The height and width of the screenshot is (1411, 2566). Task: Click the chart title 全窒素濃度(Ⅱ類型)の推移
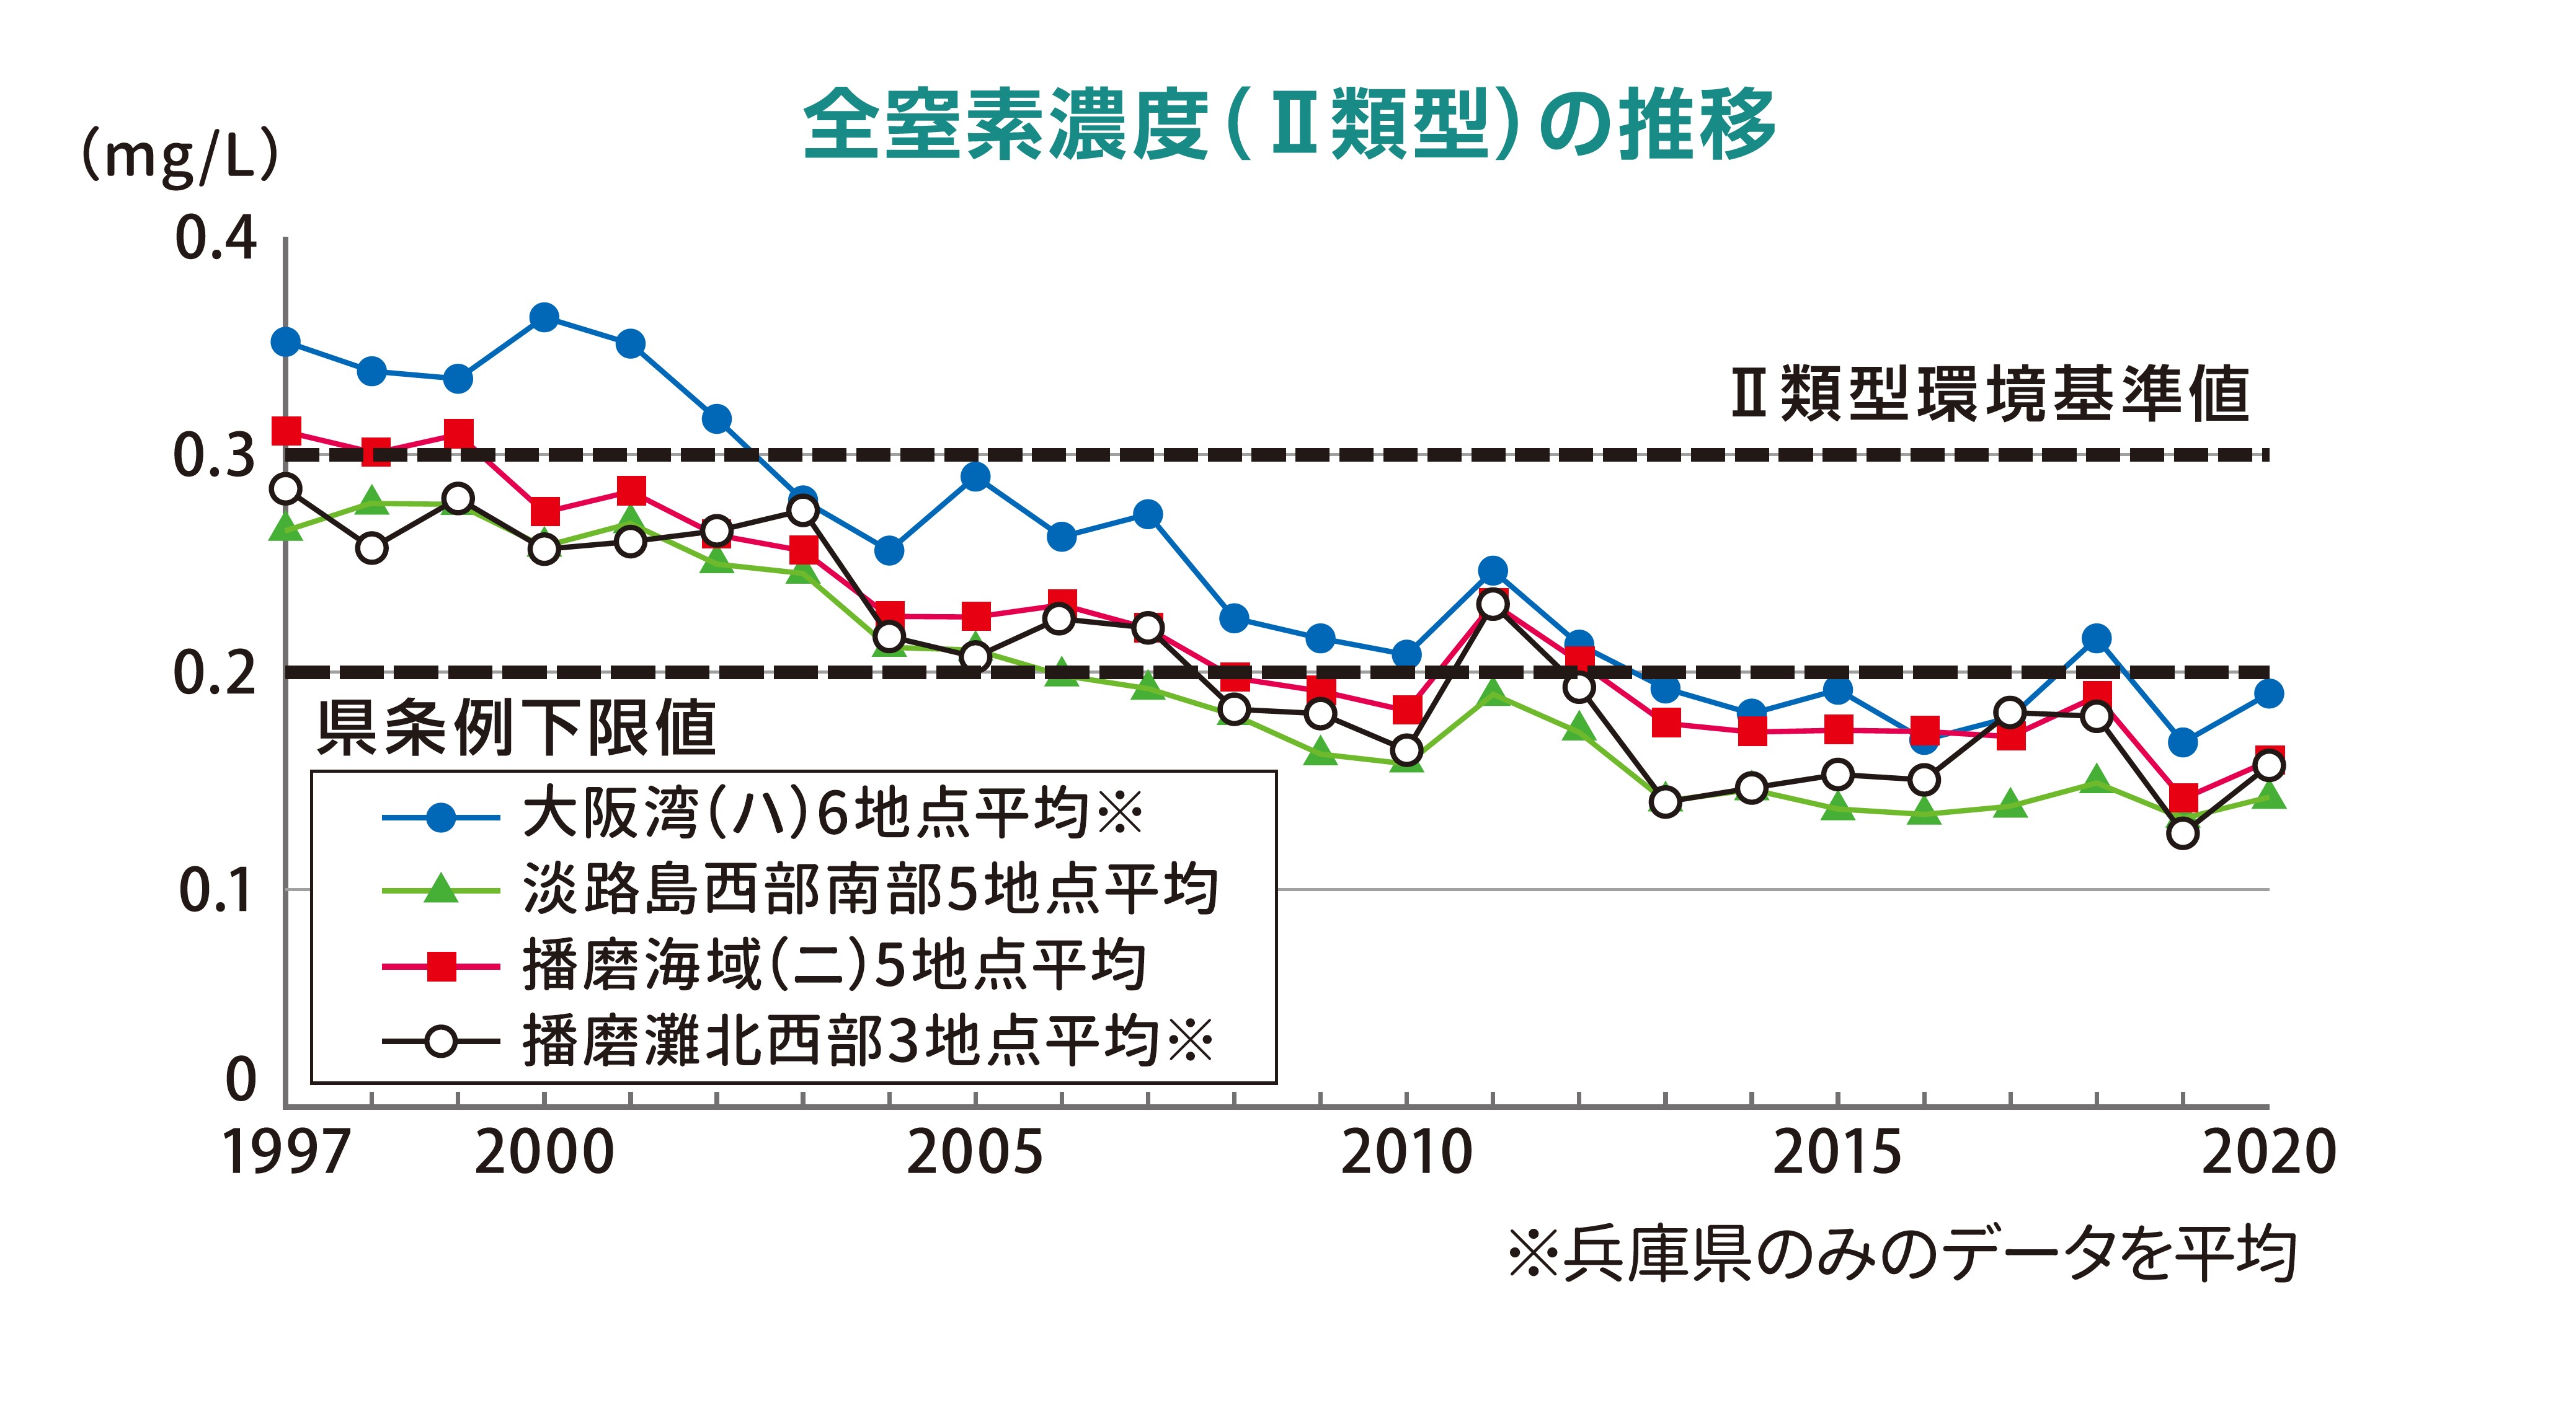[1289, 125]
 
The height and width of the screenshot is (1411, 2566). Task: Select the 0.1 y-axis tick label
[215, 890]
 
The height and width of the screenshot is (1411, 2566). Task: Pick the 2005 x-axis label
[974, 1153]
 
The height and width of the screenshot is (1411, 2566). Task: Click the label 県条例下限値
[516, 728]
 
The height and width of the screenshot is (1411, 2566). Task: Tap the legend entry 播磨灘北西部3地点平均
[867, 1042]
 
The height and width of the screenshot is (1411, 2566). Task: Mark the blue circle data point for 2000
[544, 318]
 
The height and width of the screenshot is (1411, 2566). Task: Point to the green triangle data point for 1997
[286, 527]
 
